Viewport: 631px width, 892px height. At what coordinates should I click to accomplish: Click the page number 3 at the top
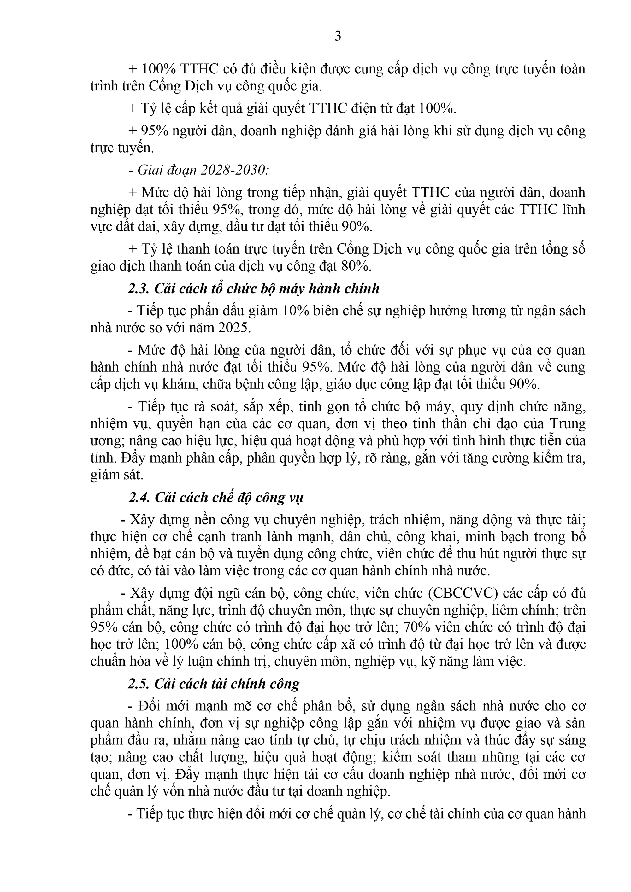(338, 36)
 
